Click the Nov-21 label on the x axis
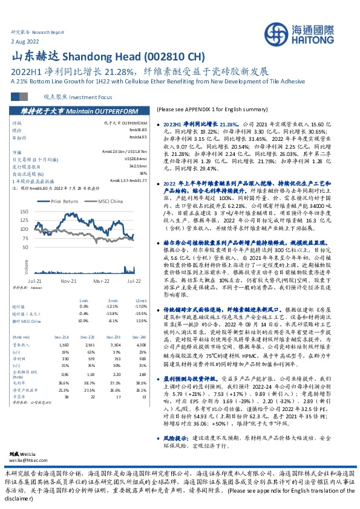(x=68, y=281)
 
